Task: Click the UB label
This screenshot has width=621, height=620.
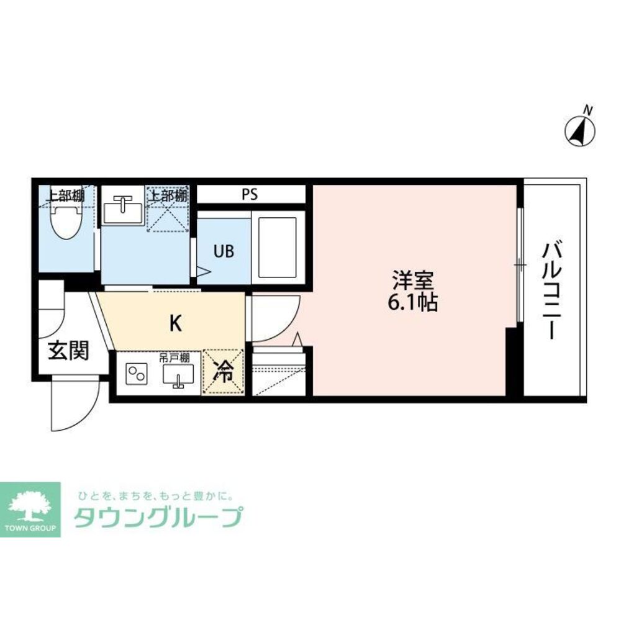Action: [x=224, y=251]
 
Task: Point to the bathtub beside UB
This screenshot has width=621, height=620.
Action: [x=278, y=246]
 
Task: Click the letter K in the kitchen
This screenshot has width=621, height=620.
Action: [x=176, y=323]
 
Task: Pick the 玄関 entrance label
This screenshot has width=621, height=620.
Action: [x=68, y=351]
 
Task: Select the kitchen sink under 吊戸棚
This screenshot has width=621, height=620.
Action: [x=178, y=375]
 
